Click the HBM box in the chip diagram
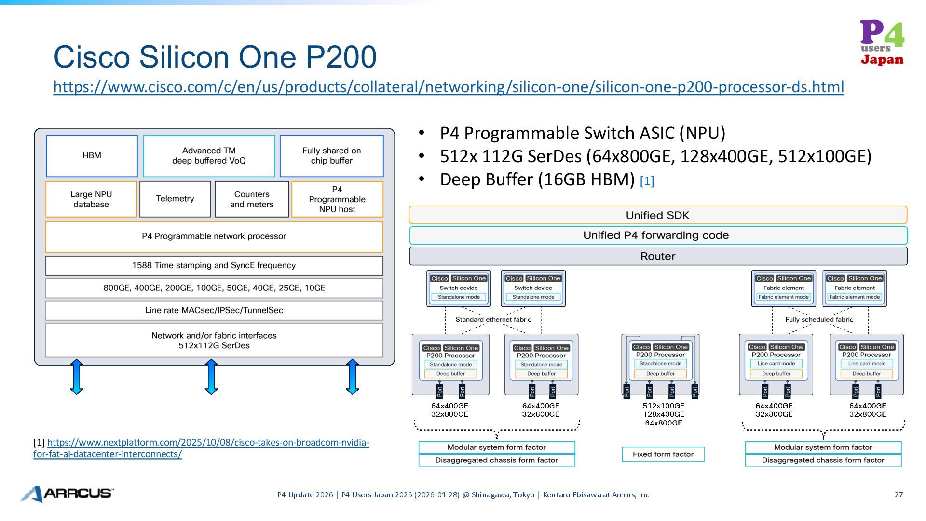tap(92, 155)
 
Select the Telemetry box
tap(175, 199)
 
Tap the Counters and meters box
tap(252, 199)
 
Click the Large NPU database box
tap(91, 199)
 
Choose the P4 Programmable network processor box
tap(214, 236)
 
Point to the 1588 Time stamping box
tap(214, 265)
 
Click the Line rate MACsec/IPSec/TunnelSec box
tap(214, 310)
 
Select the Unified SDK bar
tap(657, 215)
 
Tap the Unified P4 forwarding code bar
tap(657, 235)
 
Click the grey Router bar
tap(657, 256)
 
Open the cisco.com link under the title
tap(448, 87)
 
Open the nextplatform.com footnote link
tap(207, 443)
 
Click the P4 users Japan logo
tap(882, 42)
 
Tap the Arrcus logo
tap(67, 494)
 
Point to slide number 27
tap(899, 494)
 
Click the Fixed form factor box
tap(663, 454)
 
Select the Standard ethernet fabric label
tap(493, 319)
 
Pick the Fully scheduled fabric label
tap(819, 319)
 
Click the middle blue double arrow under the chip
tap(211, 377)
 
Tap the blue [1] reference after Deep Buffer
tap(647, 181)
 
